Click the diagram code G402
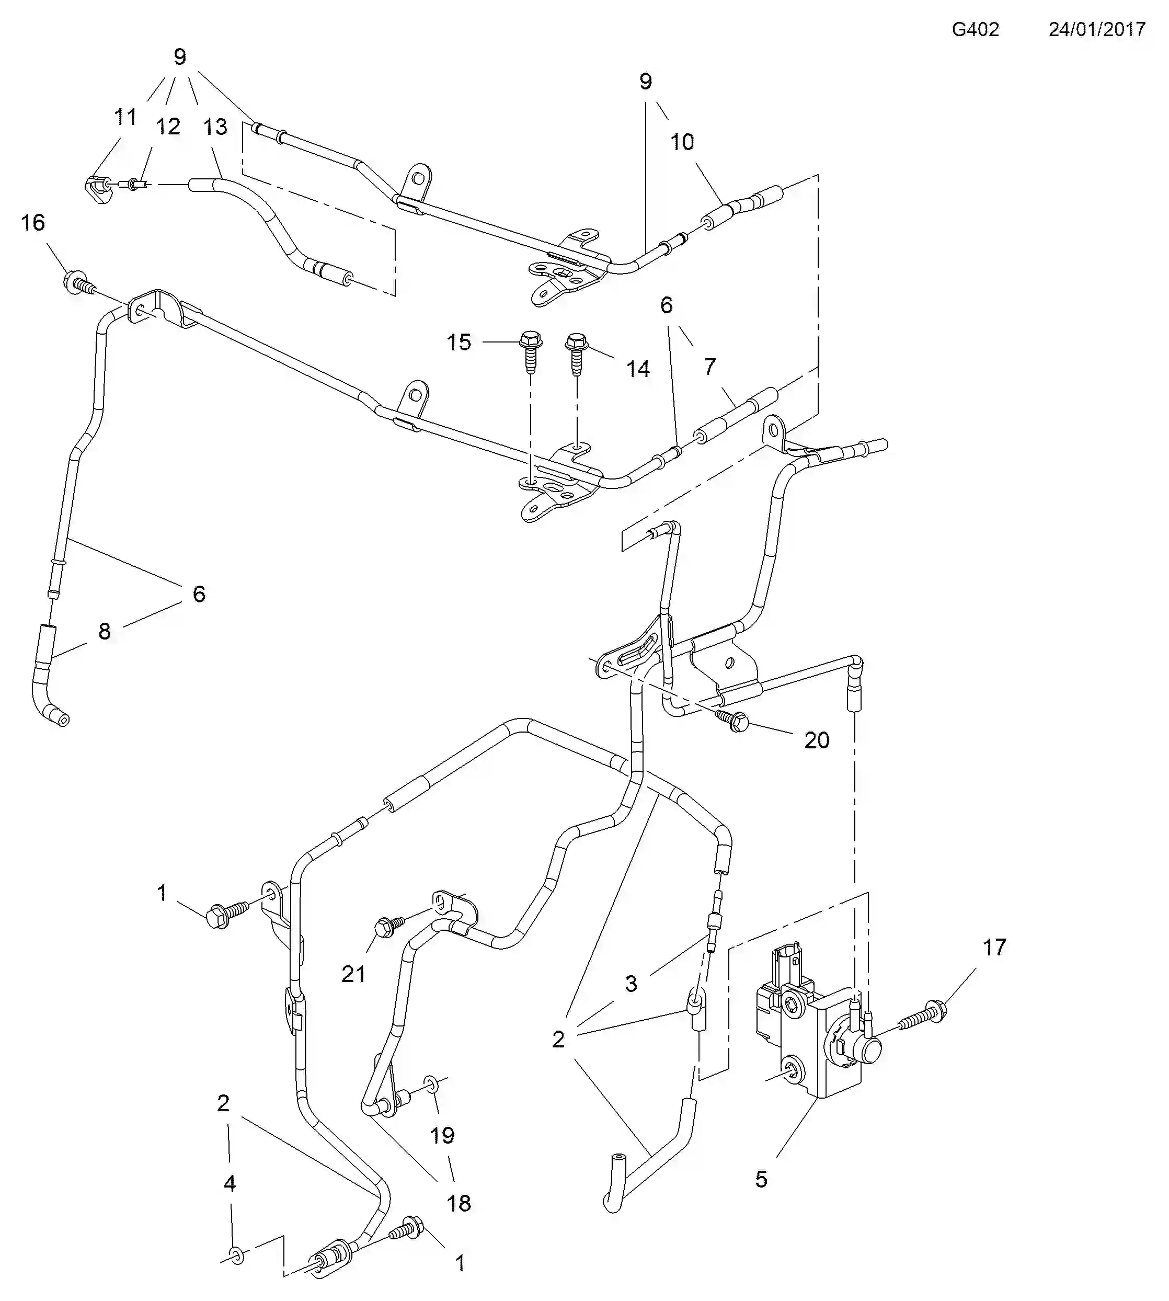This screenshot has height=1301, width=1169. tap(975, 30)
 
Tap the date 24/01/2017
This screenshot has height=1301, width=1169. tap(1097, 30)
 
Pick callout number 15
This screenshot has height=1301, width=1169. tap(459, 342)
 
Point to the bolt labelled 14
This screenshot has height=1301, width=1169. tap(577, 354)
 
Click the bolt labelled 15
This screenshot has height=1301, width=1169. tap(531, 351)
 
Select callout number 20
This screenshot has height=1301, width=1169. tap(817, 740)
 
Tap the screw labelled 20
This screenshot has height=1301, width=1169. tap(732, 719)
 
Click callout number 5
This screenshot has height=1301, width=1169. tap(761, 1179)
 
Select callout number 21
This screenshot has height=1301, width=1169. tap(353, 975)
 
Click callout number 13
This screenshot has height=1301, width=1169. tap(215, 127)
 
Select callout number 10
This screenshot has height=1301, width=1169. tap(682, 142)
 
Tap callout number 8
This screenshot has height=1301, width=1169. tap(105, 632)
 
